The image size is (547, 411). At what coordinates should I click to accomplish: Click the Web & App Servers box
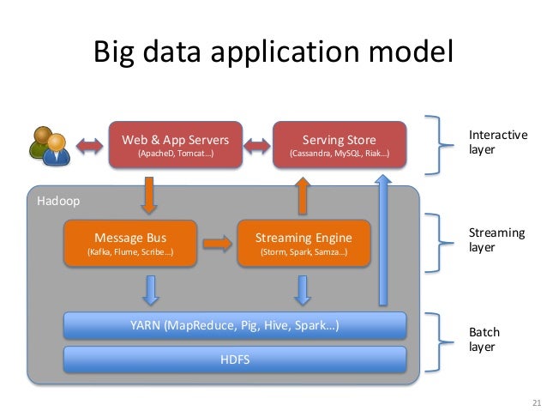[x=176, y=144]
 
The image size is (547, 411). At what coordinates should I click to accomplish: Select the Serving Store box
[x=340, y=144]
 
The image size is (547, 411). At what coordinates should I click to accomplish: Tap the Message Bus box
[x=130, y=243]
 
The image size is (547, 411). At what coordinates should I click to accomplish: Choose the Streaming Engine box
[x=304, y=243]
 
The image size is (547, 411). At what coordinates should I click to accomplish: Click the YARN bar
[x=235, y=325]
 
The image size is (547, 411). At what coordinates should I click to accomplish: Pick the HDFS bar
[x=235, y=360]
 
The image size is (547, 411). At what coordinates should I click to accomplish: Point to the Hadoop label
[x=58, y=201]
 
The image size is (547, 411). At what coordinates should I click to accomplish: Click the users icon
[x=50, y=146]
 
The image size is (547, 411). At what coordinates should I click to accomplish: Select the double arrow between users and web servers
[x=90, y=146]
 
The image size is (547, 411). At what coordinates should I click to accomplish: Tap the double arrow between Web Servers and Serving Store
[x=257, y=146]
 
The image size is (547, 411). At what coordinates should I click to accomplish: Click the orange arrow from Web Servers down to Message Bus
[x=149, y=195]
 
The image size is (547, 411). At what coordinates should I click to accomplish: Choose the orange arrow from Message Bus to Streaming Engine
[x=217, y=244]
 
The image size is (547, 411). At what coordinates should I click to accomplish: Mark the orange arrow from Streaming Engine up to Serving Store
[x=303, y=196]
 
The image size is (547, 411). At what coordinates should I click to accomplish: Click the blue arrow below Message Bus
[x=151, y=291]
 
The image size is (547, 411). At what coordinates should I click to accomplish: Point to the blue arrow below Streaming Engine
[x=303, y=291]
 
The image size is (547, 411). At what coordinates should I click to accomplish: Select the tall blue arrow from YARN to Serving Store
[x=383, y=240]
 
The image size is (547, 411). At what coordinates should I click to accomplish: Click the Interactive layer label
[x=498, y=142]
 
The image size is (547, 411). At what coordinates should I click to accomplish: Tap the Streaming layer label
[x=496, y=240]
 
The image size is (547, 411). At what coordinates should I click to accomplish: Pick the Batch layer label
[x=484, y=339]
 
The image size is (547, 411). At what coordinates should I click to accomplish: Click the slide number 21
[x=537, y=402]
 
